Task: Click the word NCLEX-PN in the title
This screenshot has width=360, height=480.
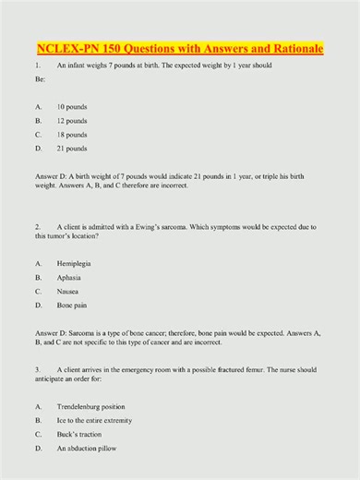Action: tap(66, 47)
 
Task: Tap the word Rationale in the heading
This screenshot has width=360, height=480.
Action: tap(295, 47)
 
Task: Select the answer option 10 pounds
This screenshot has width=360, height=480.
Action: tap(72, 106)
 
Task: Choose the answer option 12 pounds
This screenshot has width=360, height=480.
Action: tap(72, 120)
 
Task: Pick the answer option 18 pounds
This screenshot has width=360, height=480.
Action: tap(72, 134)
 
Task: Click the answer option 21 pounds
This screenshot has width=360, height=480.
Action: tap(72, 148)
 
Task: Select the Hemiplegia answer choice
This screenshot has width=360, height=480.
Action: tap(75, 263)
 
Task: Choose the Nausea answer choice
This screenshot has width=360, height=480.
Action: tap(69, 291)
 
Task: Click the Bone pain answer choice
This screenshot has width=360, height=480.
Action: tap(73, 305)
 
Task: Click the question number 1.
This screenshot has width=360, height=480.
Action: tap(36, 66)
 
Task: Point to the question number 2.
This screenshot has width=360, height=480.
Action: tap(36, 225)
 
